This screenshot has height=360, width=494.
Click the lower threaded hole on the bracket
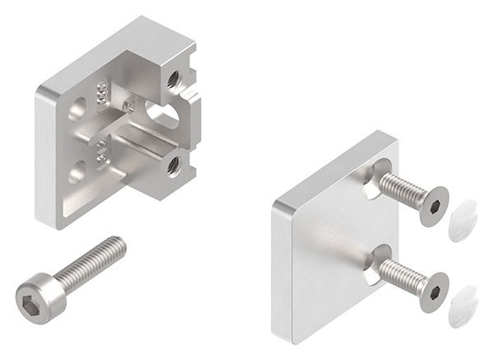(x=173, y=166)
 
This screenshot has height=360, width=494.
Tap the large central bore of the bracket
(x=161, y=115)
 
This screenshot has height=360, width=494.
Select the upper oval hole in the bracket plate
(x=78, y=108)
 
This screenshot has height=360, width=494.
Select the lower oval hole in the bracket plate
(x=77, y=171)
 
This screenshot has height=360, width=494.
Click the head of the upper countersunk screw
(x=432, y=205)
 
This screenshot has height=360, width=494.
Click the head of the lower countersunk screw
(x=433, y=291)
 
